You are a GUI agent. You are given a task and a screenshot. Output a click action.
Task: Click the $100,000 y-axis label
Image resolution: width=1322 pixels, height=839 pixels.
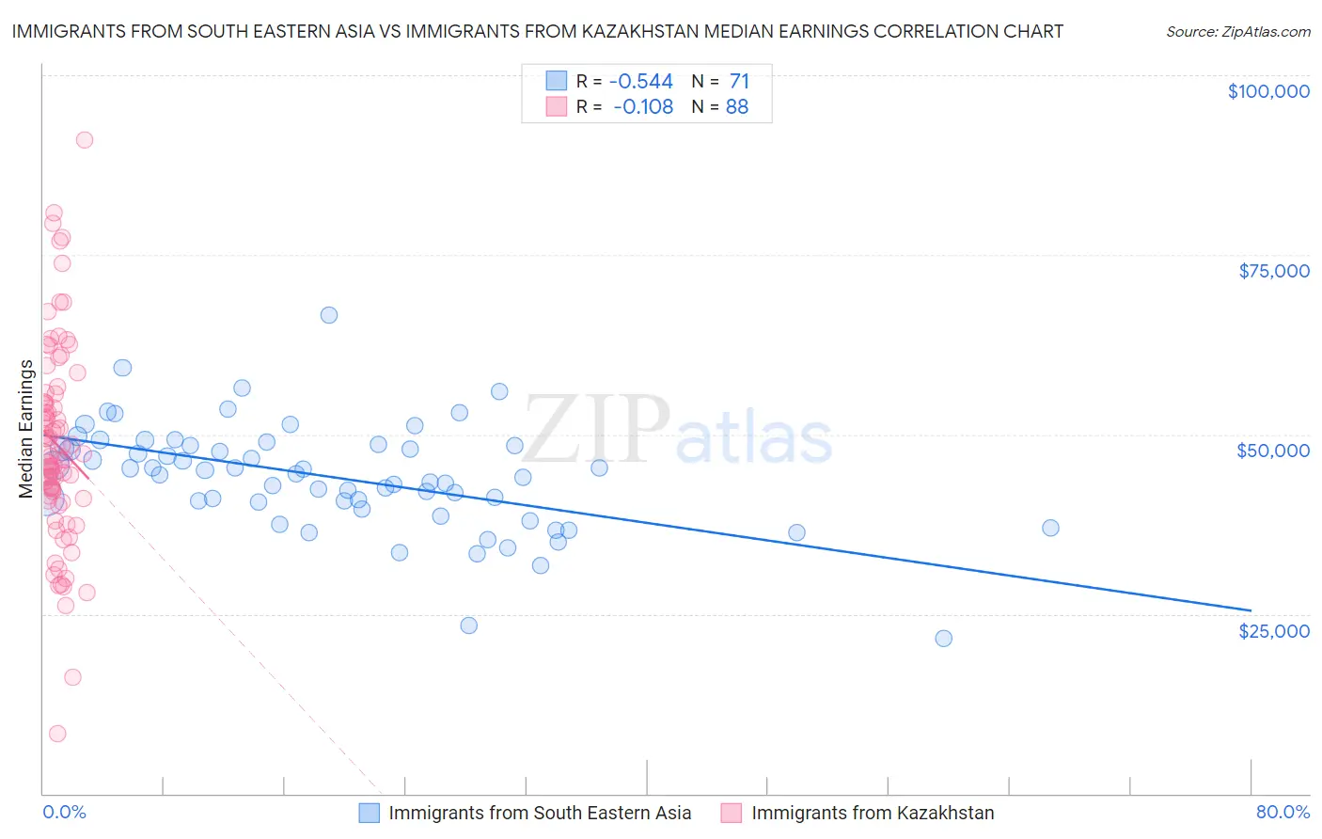coord(1268,91)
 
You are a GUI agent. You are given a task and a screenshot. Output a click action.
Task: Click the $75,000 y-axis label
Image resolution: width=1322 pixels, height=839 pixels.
coord(1273,271)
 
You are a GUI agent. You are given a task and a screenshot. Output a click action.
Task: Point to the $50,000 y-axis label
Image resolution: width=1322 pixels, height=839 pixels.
coord(1273,451)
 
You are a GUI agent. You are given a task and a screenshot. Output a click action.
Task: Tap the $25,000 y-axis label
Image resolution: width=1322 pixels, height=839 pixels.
coord(1273,630)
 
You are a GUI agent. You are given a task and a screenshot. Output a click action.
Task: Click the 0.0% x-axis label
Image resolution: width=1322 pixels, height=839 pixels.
coord(64,812)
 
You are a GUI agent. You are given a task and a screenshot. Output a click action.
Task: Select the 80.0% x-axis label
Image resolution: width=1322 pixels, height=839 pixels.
coord(1283,812)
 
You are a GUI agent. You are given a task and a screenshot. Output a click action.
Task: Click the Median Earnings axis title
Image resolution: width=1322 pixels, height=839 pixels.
coord(25,429)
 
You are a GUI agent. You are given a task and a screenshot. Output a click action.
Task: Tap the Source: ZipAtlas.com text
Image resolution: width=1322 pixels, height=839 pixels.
coord(1237,31)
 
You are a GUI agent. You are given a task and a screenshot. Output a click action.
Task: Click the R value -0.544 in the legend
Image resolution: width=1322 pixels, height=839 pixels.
coord(641,81)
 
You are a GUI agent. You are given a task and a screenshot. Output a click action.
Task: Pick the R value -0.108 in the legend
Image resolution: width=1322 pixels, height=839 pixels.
coord(643,107)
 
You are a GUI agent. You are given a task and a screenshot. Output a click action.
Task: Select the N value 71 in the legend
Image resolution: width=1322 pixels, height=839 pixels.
coord(739,81)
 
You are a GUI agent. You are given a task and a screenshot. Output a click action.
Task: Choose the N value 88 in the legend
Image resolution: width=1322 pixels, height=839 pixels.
coord(737,107)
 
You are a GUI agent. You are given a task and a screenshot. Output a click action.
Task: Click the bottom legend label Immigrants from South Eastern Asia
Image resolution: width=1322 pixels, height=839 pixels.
coord(540,813)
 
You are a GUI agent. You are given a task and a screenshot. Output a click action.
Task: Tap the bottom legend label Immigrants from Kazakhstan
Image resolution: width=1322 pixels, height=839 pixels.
coord(873,813)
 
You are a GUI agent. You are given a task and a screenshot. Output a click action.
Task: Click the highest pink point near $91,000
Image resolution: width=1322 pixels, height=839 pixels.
coord(85,140)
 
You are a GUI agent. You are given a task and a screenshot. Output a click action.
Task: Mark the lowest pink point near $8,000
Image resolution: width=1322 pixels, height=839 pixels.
coord(57,734)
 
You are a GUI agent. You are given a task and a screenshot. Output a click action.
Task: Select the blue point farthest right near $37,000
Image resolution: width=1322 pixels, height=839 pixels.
coord(1050,528)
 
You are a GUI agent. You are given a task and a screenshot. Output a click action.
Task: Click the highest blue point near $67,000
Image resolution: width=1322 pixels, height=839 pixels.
coord(329,315)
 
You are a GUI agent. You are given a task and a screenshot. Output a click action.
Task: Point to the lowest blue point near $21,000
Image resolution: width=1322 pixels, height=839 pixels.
coord(943,639)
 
